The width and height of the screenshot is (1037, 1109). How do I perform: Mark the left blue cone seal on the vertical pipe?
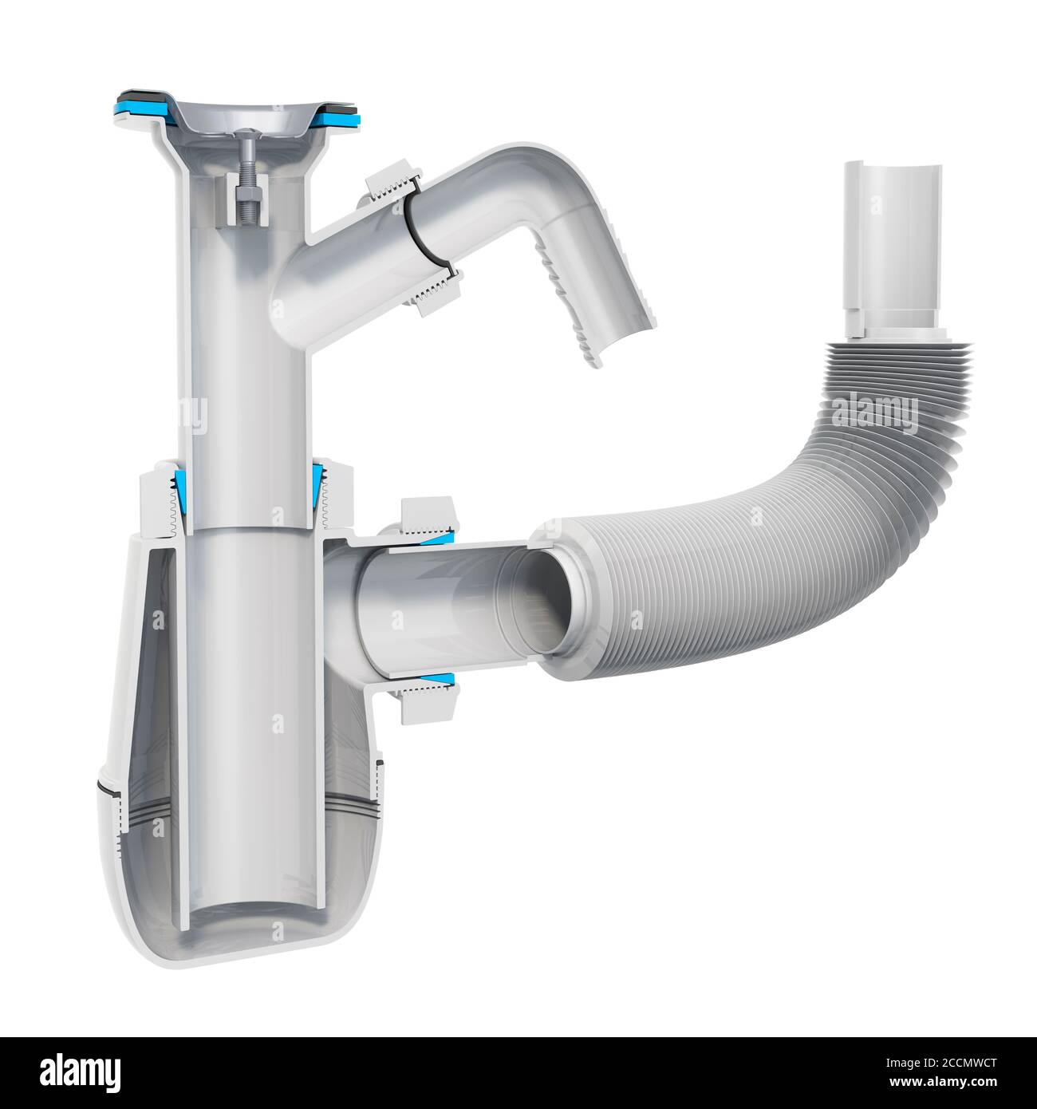177,500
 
